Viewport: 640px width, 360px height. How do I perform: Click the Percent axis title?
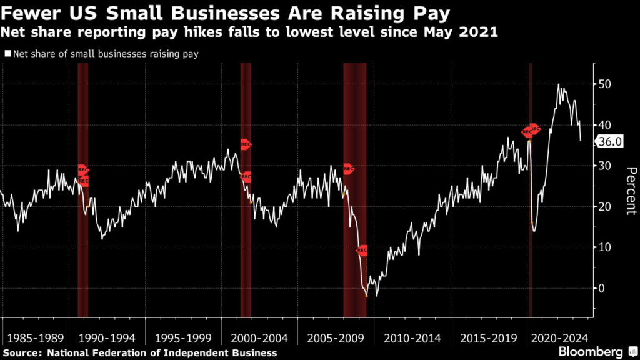pyautogui.click(x=631, y=191)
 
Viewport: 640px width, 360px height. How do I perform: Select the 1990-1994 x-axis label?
pyautogui.click(x=106, y=339)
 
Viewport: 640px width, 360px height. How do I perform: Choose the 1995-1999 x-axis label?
pyautogui.click(x=182, y=339)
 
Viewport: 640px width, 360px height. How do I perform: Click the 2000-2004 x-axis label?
pyautogui.click(x=259, y=339)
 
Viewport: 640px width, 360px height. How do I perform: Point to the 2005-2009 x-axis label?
pyautogui.click(x=336, y=339)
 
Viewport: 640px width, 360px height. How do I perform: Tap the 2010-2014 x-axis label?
pyautogui.click(x=412, y=339)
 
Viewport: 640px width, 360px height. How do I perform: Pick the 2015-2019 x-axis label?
pyautogui.click(x=489, y=339)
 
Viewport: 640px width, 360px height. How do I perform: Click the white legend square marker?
pyautogui.click(x=7, y=54)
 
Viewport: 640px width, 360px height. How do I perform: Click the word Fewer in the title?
pyautogui.click(x=26, y=12)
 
